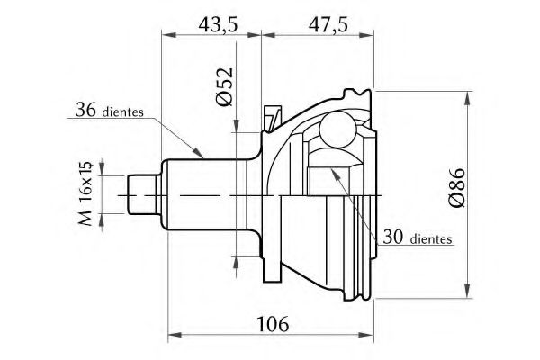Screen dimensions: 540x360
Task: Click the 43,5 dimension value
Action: click(x=218, y=25)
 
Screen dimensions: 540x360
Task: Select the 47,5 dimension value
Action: click(x=328, y=25)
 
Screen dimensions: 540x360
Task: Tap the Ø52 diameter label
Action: click(x=226, y=86)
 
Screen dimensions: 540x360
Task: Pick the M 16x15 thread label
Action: click(x=85, y=193)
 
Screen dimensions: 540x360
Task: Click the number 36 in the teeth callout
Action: click(x=86, y=110)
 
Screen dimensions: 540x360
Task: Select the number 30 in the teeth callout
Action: click(x=393, y=238)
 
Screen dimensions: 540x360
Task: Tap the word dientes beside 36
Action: click(x=122, y=112)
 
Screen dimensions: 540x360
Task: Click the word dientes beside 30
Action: click(x=431, y=239)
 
